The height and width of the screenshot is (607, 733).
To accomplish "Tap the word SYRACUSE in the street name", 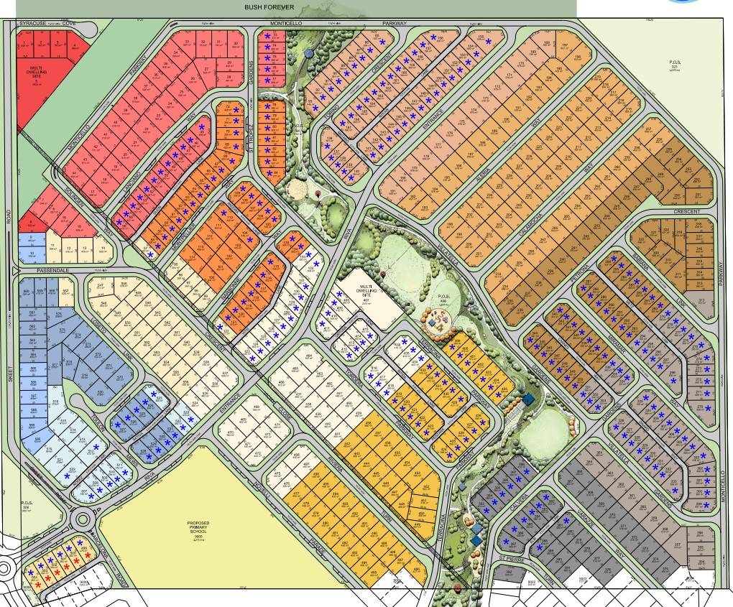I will pos(33,24).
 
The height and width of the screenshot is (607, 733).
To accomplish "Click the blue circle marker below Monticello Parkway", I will pos(309,53).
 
